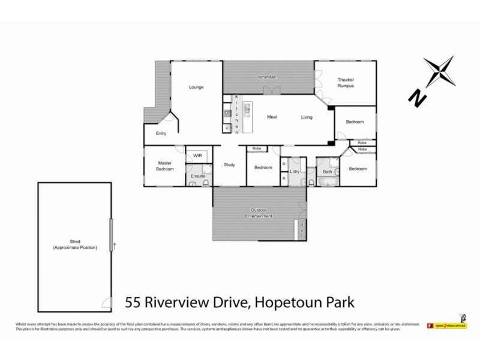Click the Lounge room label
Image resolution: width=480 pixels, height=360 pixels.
pyautogui.click(x=197, y=87)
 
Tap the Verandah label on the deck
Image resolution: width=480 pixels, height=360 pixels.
pyautogui.click(x=267, y=77)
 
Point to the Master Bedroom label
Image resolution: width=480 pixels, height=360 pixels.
pyautogui.click(x=166, y=166)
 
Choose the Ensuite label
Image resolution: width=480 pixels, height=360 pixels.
pyautogui.click(x=198, y=176)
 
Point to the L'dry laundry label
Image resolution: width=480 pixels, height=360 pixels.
pyautogui.click(x=295, y=172)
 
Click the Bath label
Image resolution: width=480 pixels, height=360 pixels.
pyautogui.click(x=327, y=172)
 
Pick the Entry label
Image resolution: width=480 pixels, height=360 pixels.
pyautogui.click(x=161, y=133)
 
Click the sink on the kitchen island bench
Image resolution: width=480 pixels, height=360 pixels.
pyautogui.click(x=247, y=110)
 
